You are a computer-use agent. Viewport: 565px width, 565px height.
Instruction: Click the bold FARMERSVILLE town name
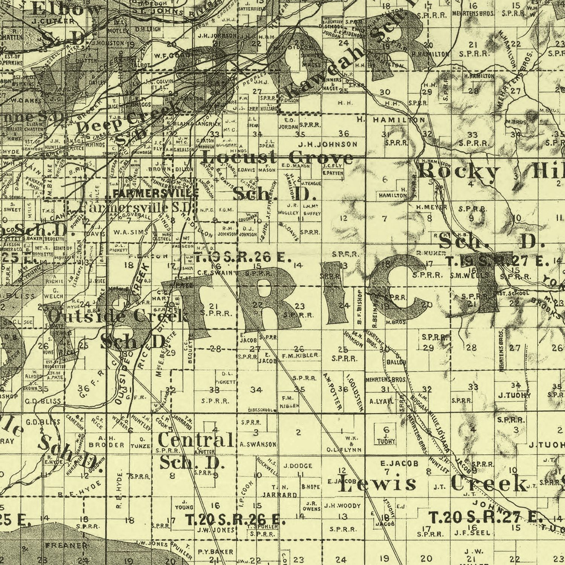(156, 193)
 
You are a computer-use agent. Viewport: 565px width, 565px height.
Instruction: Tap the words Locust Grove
(278, 157)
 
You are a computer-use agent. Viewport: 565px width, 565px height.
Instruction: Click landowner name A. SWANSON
(258, 444)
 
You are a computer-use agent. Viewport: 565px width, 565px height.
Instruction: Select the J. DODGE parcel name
(298, 466)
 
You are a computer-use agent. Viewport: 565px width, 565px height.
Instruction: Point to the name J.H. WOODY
(342, 505)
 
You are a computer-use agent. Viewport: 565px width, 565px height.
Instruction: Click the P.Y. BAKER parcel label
(215, 552)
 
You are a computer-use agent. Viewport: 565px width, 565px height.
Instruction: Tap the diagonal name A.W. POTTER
(332, 392)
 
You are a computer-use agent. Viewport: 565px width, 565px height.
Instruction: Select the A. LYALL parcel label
(381, 402)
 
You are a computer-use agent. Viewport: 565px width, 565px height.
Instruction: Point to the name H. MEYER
(432, 208)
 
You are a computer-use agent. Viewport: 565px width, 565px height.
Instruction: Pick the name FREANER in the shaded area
(66, 545)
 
